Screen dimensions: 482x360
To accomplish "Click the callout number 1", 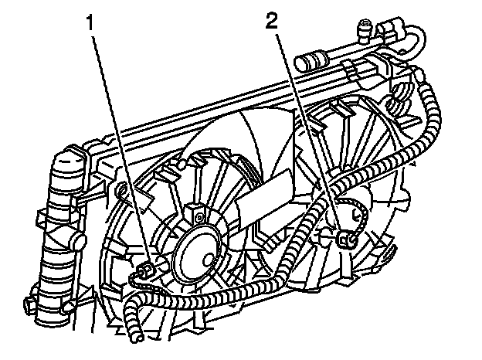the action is [x=90, y=22].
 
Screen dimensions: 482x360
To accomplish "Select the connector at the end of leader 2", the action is [x=347, y=239].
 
